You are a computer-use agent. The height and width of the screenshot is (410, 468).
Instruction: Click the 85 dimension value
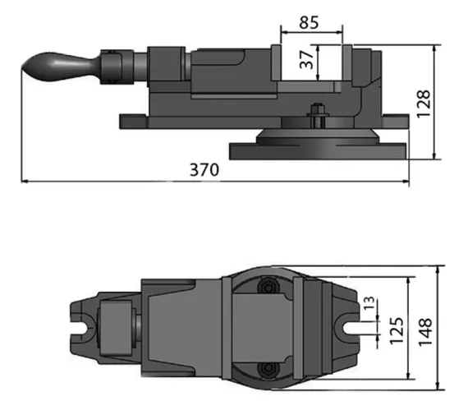(310, 22)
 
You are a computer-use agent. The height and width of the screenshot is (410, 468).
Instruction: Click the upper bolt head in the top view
(267, 287)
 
